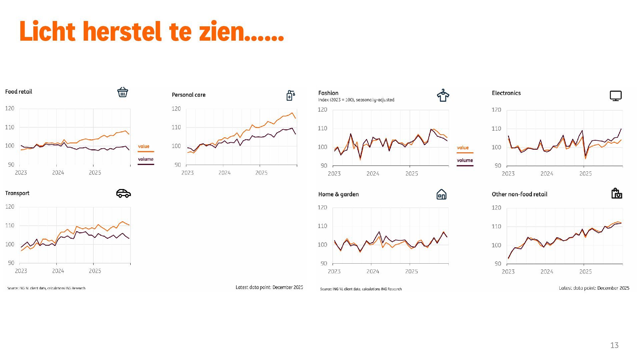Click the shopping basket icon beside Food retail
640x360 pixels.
click(x=123, y=92)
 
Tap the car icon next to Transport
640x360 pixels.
click(x=123, y=193)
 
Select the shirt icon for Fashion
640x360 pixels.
click(x=443, y=95)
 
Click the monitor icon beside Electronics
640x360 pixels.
click(x=615, y=96)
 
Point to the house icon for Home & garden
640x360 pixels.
click(x=441, y=194)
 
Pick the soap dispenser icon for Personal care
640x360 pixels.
click(x=290, y=95)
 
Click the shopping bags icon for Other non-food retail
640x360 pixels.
click(x=617, y=193)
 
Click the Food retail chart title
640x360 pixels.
click(x=19, y=92)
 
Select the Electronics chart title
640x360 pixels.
click(x=506, y=93)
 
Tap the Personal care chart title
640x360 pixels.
click(x=188, y=95)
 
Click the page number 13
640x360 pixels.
click(x=614, y=345)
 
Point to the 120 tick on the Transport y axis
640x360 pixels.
click(x=10, y=207)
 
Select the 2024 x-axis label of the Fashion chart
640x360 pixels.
click(x=373, y=174)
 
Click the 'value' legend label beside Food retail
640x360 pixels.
click(x=144, y=146)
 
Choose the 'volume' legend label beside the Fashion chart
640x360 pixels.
click(x=465, y=160)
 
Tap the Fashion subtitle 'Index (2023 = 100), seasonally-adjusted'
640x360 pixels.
click(x=356, y=100)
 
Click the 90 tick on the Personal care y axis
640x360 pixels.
click(x=177, y=165)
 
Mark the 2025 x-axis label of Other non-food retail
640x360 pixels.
click(x=585, y=272)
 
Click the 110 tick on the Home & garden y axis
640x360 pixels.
click(x=322, y=226)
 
